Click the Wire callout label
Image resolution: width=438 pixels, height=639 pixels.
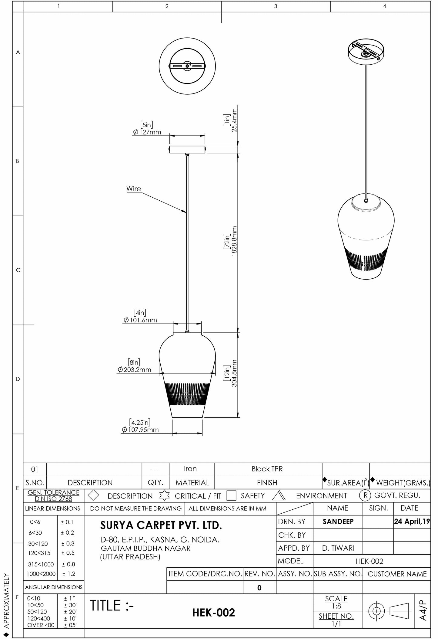coord(133,189)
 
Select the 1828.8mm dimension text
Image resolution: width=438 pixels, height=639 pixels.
coord(234,241)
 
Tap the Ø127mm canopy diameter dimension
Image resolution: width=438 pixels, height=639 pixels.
coord(147,132)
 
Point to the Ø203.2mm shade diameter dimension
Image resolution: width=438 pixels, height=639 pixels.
coord(134,370)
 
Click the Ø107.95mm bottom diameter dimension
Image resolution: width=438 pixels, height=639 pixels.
coord(140,430)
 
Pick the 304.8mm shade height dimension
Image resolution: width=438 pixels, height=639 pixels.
coord(234,373)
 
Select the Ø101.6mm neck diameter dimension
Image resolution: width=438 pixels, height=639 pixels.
coord(140,320)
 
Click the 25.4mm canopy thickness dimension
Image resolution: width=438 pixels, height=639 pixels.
coord(234,120)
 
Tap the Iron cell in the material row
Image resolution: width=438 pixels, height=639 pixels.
coord(190,469)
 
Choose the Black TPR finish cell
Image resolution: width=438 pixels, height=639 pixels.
coord(267,469)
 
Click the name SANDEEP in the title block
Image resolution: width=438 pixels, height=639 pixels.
coord(338,522)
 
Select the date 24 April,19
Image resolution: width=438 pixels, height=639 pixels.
coord(412,522)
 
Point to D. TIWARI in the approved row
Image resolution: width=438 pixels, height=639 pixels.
coord(338,548)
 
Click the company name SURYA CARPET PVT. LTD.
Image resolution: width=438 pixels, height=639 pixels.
coord(161,525)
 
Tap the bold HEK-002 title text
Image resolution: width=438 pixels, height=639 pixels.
coord(213,613)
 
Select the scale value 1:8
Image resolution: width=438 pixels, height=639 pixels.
coord(336,606)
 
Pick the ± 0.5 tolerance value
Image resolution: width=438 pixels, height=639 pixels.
coord(68,553)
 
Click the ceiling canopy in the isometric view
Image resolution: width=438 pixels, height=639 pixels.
coord(366,53)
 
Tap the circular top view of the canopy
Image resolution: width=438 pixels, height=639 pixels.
coord(187,66)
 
